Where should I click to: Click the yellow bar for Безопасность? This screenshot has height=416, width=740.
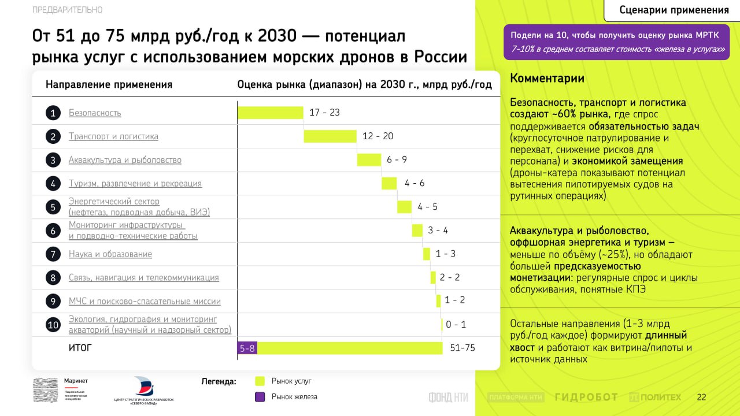pos(271,113)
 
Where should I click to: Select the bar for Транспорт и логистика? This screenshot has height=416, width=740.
pos(330,136)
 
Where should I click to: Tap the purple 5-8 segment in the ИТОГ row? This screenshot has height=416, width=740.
pos(247,348)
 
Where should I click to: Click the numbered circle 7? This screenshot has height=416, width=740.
pos(53,254)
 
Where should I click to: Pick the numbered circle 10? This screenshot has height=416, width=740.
pos(53,325)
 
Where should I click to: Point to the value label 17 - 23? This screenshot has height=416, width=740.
pos(324,113)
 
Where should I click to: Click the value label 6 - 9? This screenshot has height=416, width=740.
pos(397,160)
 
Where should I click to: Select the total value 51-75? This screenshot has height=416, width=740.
pos(462,348)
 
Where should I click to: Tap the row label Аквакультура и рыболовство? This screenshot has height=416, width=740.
pos(125,160)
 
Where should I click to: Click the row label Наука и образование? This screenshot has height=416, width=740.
pos(110,254)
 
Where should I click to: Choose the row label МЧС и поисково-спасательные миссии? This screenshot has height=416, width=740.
pos(145,301)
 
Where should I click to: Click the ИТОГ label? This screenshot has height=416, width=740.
pos(80,348)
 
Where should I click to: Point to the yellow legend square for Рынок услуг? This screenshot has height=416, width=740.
pos(260,381)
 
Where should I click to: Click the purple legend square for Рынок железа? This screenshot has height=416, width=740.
pos(260,397)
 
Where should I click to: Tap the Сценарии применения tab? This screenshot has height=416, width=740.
pos(674,10)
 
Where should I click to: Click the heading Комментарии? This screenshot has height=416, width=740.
pos(547,79)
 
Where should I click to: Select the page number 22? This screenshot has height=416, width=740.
pos(701,398)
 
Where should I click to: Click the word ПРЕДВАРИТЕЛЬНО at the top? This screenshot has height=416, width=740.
pos(68,10)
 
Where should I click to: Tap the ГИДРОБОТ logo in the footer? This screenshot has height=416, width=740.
pos(586,398)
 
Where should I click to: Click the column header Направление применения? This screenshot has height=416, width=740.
pos(109,85)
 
